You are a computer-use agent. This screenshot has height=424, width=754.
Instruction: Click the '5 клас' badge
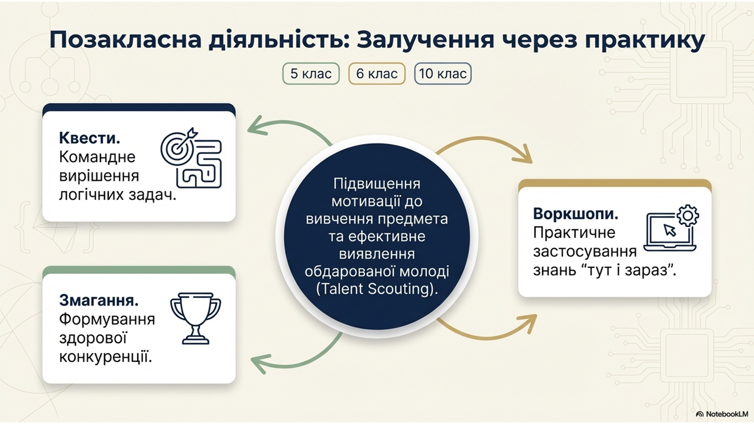click(x=311, y=73)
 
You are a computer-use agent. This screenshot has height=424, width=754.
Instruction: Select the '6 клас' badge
click(x=377, y=73)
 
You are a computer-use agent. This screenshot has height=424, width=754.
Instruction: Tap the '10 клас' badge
click(x=443, y=73)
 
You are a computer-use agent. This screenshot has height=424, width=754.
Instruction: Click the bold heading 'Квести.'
click(x=90, y=138)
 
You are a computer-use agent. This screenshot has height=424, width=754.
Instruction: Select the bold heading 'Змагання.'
click(x=99, y=300)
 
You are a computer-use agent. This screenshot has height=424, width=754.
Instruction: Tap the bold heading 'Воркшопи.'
click(x=576, y=214)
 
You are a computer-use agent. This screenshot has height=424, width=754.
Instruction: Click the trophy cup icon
click(x=196, y=318)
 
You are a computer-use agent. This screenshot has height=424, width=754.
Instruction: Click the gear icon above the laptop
click(x=688, y=216)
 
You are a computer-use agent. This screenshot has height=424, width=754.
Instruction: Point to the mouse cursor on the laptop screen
click(x=670, y=231)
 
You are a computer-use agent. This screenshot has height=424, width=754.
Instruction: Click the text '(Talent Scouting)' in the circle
click(x=377, y=289)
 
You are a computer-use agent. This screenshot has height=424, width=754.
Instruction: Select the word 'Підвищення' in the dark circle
click(x=377, y=184)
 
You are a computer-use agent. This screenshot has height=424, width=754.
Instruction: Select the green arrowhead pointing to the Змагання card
click(x=261, y=364)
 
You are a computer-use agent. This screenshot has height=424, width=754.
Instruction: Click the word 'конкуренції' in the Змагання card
click(x=106, y=357)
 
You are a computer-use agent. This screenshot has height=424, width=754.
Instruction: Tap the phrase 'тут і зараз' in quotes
click(x=629, y=270)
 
